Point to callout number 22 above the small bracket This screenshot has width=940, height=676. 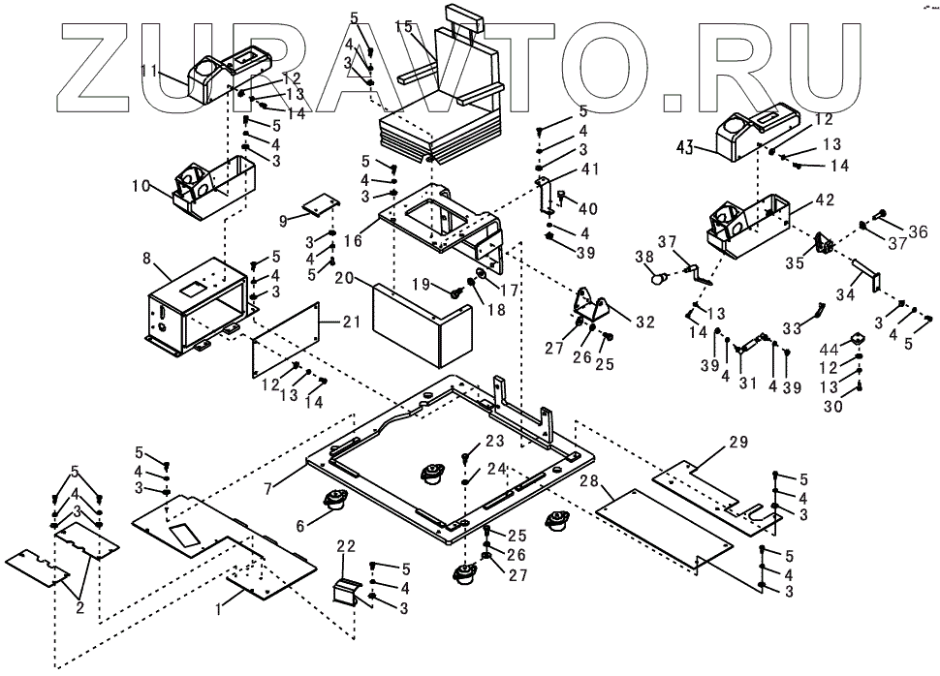click(x=346, y=547)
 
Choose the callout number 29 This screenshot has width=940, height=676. click(x=737, y=444)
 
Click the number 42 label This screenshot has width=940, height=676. click(x=824, y=200)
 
